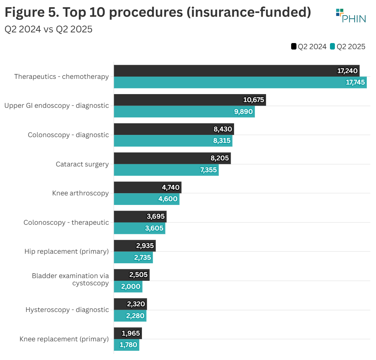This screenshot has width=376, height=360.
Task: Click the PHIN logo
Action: point(351,16)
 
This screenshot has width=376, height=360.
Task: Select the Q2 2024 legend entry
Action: point(309,46)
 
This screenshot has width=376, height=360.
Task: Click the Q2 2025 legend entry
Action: point(347,46)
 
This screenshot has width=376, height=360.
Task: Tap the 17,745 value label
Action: point(355,82)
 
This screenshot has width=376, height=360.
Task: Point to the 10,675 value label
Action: point(253,100)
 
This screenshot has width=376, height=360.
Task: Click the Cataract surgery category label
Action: point(82,164)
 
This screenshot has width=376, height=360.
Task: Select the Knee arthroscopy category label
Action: point(80,193)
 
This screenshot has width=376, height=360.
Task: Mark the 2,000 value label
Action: point(131,286)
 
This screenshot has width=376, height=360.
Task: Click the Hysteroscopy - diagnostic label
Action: point(67,310)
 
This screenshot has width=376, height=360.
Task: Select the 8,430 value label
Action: point(222,129)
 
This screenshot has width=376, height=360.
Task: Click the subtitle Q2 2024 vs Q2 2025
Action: point(48,29)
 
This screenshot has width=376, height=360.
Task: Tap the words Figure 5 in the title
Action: point(30,12)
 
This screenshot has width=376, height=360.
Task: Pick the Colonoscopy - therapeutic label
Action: point(66,222)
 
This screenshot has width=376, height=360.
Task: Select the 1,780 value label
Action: point(128,345)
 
